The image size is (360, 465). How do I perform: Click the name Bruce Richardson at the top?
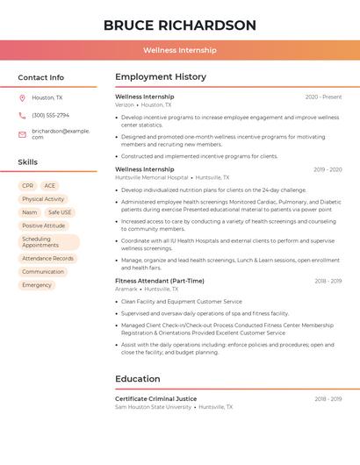tap(180, 25)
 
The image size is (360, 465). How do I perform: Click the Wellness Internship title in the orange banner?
tap(180, 50)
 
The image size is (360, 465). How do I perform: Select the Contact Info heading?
tap(41, 77)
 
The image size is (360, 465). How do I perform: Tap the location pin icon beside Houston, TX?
tap(23, 97)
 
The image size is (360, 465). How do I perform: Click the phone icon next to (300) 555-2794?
tap(23, 115)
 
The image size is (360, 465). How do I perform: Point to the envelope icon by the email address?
tap(23, 133)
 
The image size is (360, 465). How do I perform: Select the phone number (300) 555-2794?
tap(50, 115)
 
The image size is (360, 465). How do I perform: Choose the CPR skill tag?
tap(28, 186)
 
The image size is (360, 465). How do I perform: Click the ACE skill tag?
tap(50, 186)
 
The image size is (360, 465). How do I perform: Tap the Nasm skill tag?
tap(30, 212)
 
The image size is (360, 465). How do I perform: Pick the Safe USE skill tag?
tap(60, 212)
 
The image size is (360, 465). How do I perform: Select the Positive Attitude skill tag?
tap(44, 225)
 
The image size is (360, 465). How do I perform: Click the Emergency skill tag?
tap(37, 285)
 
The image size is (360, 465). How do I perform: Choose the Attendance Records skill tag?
tap(47, 259)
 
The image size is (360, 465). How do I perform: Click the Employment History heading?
tap(161, 77)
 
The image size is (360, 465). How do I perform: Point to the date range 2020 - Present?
tap(323, 97)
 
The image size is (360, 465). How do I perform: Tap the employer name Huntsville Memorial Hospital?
tap(151, 177)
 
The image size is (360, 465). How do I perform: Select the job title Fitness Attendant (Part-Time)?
tap(160, 281)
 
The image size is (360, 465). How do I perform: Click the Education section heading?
tap(138, 379)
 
